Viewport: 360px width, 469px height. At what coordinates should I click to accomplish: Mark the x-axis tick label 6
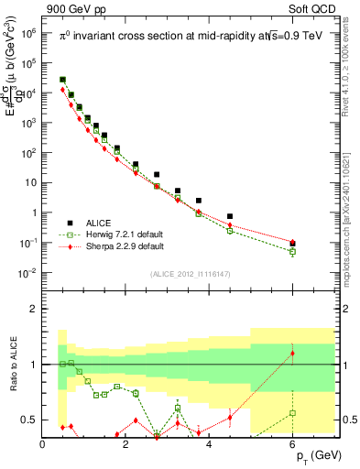(292, 445)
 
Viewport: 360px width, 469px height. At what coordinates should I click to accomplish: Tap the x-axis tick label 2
(126, 445)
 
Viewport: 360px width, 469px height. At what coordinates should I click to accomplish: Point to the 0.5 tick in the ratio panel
(27, 420)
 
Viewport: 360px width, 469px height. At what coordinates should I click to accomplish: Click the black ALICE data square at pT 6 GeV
(292, 244)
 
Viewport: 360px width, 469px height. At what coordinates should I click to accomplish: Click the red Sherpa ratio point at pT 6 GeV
(292, 354)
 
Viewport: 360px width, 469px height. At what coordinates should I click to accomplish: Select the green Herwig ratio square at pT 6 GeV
(292, 413)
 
